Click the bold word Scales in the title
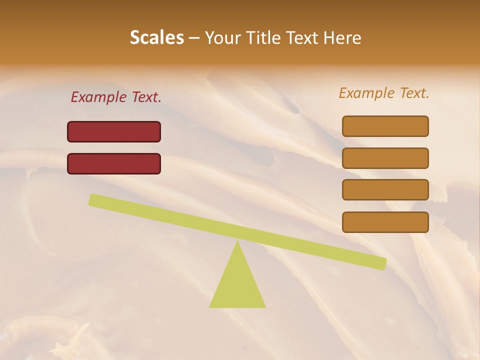(157, 37)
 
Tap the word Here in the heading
(342, 37)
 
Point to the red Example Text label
(116, 97)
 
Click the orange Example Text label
(384, 93)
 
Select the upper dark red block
(114, 131)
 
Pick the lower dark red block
(114, 163)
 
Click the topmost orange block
(385, 126)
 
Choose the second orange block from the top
(385, 158)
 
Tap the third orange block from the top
(385, 190)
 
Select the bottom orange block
(385, 222)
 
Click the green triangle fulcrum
(237, 285)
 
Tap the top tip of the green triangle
(237, 241)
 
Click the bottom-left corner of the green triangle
(210, 306)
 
